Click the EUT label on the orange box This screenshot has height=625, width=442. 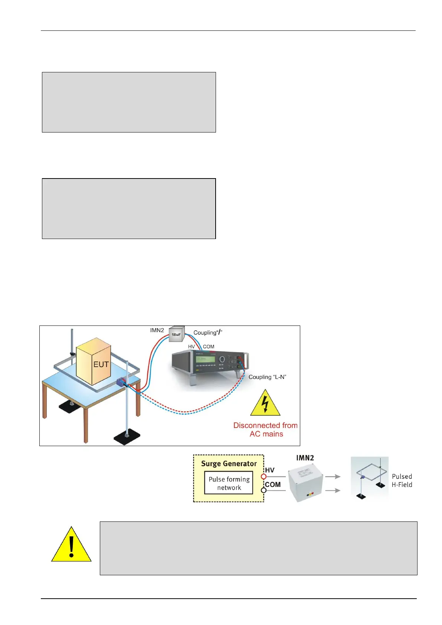[x=101, y=364]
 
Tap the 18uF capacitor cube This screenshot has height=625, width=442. [x=176, y=334]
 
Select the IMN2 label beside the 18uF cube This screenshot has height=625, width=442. [x=157, y=330]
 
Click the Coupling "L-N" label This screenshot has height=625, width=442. [x=267, y=377]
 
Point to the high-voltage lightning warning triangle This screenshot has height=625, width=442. [x=265, y=403]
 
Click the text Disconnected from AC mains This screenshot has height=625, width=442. [x=266, y=429]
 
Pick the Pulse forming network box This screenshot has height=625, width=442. [x=229, y=483]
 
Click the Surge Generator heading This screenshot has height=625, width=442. [x=229, y=464]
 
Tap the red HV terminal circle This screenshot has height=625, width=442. [x=263, y=476]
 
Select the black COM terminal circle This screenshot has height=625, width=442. [x=263, y=490]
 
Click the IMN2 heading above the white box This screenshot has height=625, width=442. [x=305, y=458]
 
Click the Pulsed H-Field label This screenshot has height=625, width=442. [x=402, y=481]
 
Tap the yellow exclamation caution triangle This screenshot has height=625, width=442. [x=71, y=545]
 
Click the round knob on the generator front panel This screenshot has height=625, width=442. [x=222, y=359]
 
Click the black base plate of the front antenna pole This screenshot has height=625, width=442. [x=127, y=439]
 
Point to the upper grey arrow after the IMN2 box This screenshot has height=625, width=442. [x=333, y=477]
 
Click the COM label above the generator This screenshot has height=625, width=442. [x=209, y=347]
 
